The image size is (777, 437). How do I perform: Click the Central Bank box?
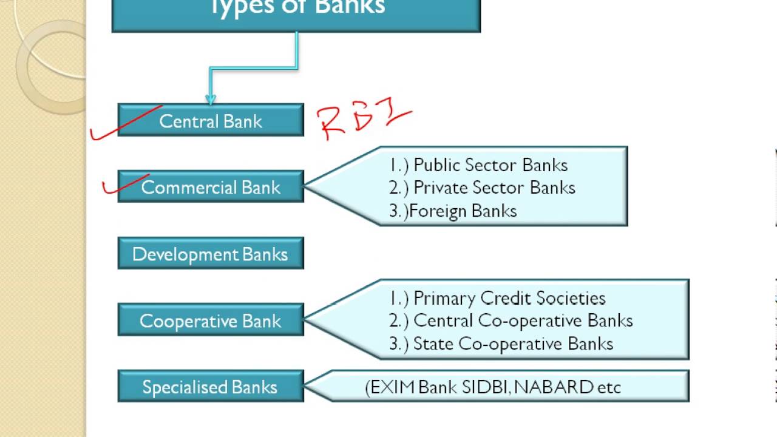(211, 120)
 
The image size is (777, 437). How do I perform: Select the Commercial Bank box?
(211, 187)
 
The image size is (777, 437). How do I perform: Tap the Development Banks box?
(211, 254)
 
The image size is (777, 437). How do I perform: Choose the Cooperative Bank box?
(211, 320)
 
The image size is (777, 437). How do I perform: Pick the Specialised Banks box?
(211, 387)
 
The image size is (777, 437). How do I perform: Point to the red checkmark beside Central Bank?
(124, 124)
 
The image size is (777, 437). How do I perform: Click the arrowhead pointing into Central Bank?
(211, 98)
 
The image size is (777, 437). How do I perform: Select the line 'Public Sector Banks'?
(490, 165)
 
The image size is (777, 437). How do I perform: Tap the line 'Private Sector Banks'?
(494, 188)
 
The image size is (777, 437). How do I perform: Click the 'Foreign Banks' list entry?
(463, 211)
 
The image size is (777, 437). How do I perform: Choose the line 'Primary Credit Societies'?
(509, 298)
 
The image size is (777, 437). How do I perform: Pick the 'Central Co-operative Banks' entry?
(523, 320)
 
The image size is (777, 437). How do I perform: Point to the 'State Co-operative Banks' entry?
(513, 344)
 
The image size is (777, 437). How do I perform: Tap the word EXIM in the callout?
(392, 387)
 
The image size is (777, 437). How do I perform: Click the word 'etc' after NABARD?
(609, 387)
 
